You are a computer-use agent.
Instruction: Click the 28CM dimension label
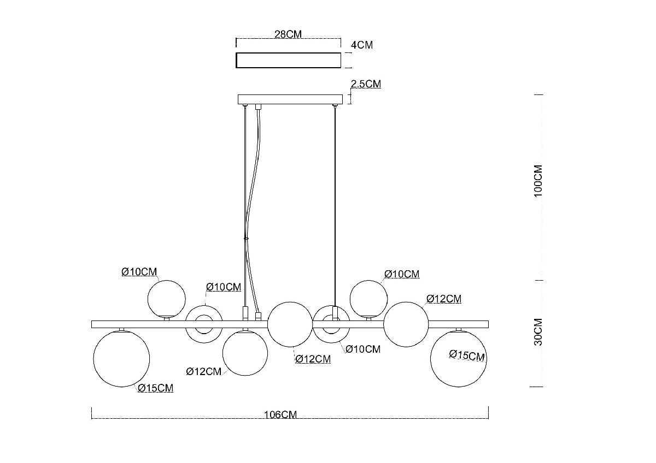coord(288,34)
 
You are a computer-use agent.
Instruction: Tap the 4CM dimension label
coord(361,45)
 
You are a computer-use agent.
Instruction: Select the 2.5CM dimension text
coord(366,84)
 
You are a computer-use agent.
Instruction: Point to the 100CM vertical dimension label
coord(538,181)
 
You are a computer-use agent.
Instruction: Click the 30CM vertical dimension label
coord(538,332)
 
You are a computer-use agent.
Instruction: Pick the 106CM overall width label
coord(280,414)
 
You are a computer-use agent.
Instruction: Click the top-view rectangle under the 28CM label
coord(287,60)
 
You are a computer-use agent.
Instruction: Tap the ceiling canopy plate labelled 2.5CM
coord(290,100)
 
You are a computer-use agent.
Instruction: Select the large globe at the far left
coord(121,358)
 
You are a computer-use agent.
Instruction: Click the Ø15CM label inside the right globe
coord(467,355)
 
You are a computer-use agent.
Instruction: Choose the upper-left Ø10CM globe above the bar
coord(166,298)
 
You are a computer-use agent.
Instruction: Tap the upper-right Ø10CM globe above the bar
coord(368,298)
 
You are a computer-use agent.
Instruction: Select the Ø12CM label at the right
coord(443,299)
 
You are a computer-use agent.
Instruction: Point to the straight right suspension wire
coord(334,207)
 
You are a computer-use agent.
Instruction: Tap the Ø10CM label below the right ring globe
coord(363,349)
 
